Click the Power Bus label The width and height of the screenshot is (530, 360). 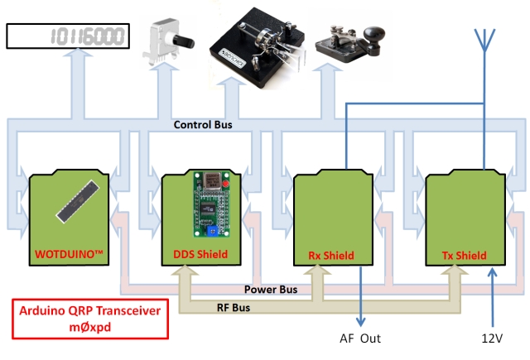click(272, 290)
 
